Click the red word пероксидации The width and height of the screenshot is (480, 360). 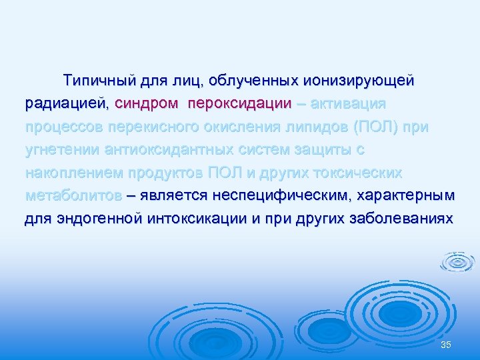pyautogui.click(x=240, y=105)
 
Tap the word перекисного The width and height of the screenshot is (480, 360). pyautogui.click(x=173, y=127)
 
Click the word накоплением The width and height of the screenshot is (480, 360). pyautogui.click(x=71, y=173)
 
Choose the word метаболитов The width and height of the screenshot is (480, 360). pyautogui.click(x=73, y=196)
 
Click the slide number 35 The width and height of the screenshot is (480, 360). pyautogui.click(x=446, y=344)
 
